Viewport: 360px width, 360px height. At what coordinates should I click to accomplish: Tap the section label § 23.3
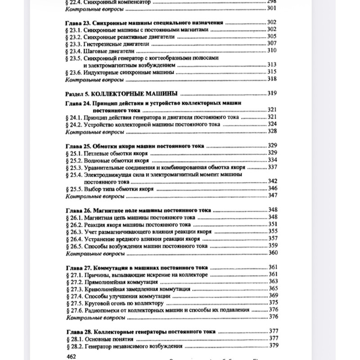[x=74, y=44]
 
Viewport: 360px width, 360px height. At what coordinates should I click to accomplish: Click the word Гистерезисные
[x=104, y=44]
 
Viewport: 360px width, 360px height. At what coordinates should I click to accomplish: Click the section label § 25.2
[x=74, y=160]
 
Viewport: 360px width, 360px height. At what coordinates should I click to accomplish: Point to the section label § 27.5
[x=74, y=303]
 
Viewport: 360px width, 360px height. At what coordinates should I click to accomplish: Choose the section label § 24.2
[x=74, y=124]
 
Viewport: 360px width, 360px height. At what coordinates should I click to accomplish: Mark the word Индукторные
[x=104, y=72]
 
